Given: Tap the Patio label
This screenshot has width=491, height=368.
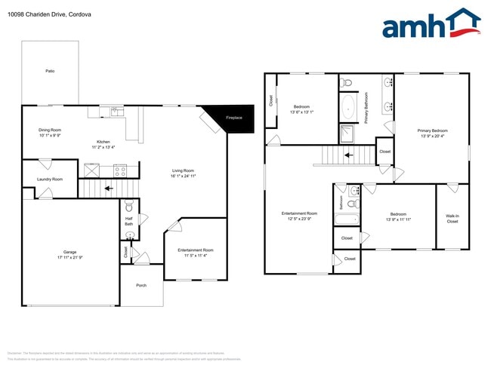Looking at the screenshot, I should [50, 72].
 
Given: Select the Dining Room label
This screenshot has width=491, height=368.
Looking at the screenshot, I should [50, 130].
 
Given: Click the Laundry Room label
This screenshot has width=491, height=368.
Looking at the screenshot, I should [50, 179].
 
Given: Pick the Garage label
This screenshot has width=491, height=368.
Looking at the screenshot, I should [69, 252].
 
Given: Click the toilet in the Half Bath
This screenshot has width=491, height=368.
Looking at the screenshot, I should [128, 207].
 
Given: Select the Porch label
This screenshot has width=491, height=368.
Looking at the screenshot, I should [141, 286].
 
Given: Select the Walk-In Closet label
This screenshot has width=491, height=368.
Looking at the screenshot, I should [452, 219].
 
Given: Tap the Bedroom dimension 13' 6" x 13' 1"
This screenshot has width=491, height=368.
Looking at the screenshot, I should [301, 112].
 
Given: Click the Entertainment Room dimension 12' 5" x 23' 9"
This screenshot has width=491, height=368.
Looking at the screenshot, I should [299, 219].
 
